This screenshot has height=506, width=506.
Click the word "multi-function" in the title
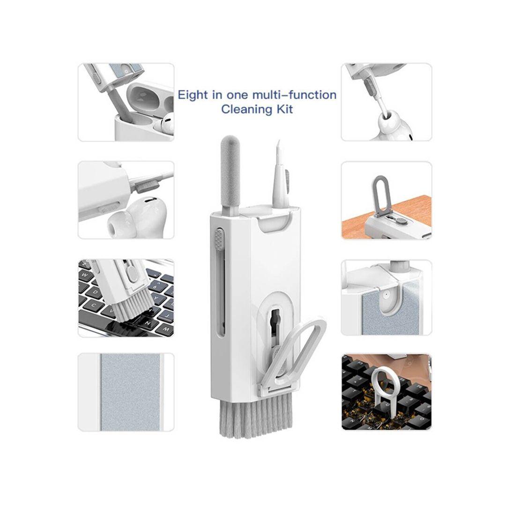[294, 95]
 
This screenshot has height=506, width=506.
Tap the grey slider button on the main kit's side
[219, 239]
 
